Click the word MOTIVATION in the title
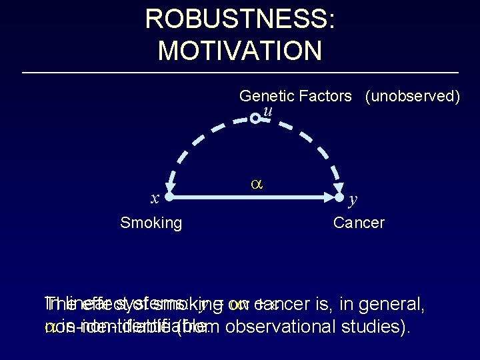click(x=240, y=49)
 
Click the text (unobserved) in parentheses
click(x=412, y=96)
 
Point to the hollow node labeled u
click(x=255, y=119)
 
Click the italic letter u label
click(x=267, y=110)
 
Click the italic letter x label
click(x=155, y=198)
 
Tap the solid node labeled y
click(x=339, y=197)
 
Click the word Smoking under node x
click(x=151, y=223)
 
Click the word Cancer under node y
click(x=359, y=223)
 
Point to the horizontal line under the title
click(x=240, y=72)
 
